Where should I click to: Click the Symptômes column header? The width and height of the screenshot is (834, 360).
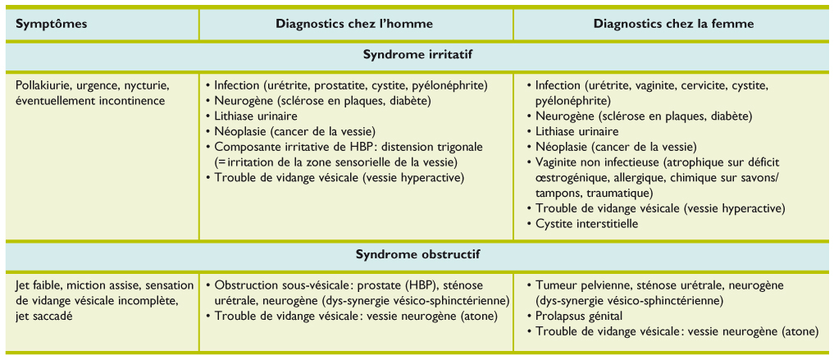tap(52, 23)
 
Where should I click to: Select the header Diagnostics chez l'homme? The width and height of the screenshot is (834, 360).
tap(354, 23)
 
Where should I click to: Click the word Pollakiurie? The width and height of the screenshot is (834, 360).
tap(43, 85)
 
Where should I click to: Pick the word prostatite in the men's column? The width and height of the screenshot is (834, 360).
tap(340, 85)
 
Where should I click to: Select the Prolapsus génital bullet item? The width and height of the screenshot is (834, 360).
tap(579, 316)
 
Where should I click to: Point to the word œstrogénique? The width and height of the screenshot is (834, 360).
tap(568, 177)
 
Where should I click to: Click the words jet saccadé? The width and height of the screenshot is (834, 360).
tap(48, 316)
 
